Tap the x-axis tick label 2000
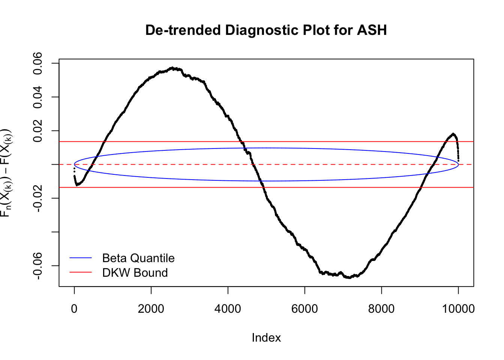click(151, 309)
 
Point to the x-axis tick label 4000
click(228, 309)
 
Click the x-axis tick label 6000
click(304, 309)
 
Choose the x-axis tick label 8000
click(381, 309)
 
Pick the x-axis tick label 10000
click(458, 309)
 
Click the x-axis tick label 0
click(74, 309)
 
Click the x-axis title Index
click(266, 338)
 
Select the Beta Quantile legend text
click(138, 258)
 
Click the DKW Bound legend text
click(135, 273)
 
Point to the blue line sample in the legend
click(81, 258)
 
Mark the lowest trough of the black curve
click(349, 277)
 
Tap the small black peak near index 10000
click(453, 134)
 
